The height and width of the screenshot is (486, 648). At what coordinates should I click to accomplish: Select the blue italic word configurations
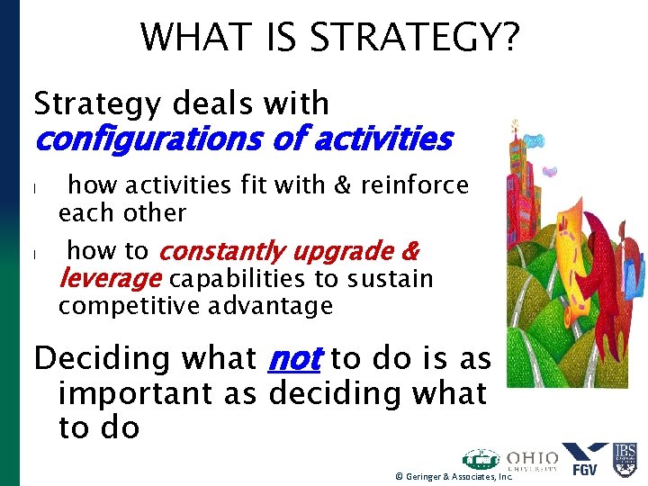point(138,139)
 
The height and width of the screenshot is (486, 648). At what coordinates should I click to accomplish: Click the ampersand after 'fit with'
point(343,185)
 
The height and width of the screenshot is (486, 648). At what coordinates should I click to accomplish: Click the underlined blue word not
point(294,358)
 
